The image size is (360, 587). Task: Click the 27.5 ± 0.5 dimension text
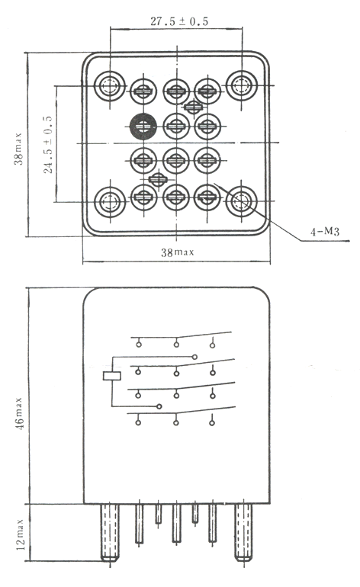coord(179,21)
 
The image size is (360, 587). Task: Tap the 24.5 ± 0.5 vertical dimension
coord(48,144)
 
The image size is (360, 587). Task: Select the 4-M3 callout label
coord(324,232)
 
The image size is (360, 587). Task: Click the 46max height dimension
coord(20,414)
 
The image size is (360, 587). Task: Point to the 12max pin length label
coord(21,534)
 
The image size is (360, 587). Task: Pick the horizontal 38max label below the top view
coord(178,252)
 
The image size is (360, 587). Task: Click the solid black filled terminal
coord(143,127)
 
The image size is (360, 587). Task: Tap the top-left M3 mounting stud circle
coord(109,86)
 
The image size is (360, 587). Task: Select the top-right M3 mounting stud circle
coord(242,85)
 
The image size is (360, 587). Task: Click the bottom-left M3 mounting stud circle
coord(109,202)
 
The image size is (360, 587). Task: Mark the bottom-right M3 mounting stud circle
coord(242,201)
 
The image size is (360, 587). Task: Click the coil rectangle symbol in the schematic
coord(112,376)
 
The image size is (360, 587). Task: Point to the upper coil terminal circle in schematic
coord(194,357)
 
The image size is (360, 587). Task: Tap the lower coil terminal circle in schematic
coord(159,406)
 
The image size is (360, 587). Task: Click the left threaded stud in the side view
coord(109,532)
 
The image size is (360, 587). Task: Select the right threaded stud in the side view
coord(243,532)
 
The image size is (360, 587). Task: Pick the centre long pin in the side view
coord(176,523)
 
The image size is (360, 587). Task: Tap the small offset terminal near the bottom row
coord(158,179)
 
